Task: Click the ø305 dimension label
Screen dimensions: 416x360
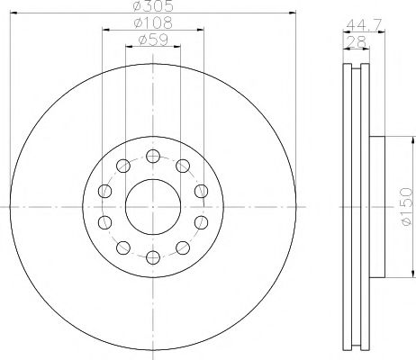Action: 153,5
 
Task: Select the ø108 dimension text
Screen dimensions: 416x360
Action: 153,22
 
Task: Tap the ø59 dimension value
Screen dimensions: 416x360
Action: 153,40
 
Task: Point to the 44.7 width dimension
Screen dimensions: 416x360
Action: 364,24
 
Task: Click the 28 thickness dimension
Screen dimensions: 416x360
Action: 356,41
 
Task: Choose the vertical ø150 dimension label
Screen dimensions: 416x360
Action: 407,207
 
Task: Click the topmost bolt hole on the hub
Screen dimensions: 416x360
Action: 153,156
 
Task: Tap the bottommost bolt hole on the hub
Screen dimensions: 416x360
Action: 153,257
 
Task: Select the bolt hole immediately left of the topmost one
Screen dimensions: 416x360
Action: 123,166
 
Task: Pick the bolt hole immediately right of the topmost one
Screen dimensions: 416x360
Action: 183,166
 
